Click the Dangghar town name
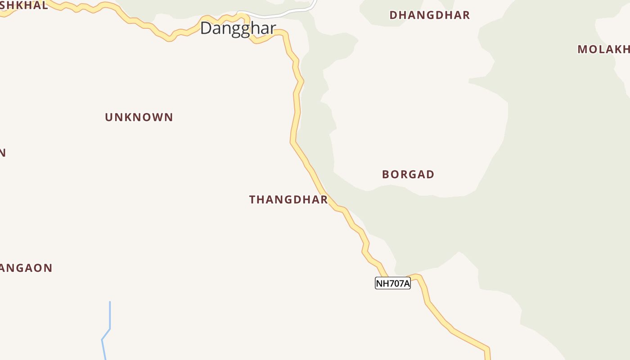(x=238, y=28)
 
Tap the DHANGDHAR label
(x=429, y=15)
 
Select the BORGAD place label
(x=408, y=175)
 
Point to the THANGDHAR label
(x=288, y=200)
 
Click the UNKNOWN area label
(x=139, y=117)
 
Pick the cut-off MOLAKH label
(x=603, y=49)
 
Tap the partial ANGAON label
(x=26, y=268)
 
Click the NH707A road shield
(x=392, y=283)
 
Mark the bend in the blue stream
(x=109, y=329)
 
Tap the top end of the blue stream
(x=110, y=302)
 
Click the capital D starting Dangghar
(x=206, y=28)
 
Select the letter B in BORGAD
(x=386, y=175)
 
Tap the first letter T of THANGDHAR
(x=252, y=200)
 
